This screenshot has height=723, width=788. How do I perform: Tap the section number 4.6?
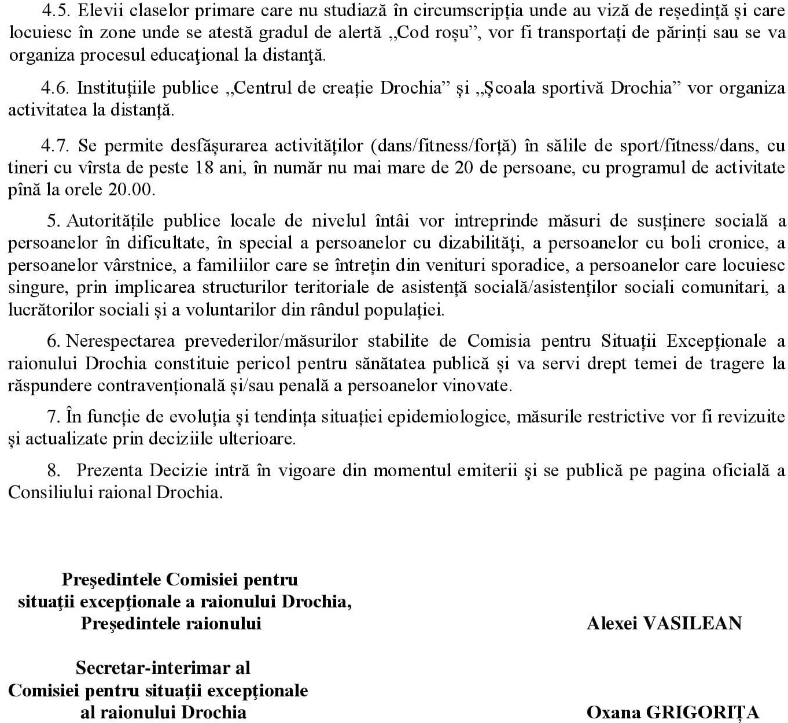click(55, 88)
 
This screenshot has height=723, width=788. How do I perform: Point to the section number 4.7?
click(55, 145)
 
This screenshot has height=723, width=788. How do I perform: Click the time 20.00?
click(132, 190)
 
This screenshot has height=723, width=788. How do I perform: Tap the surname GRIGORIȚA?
click(702, 712)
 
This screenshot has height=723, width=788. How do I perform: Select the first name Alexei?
click(612, 623)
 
